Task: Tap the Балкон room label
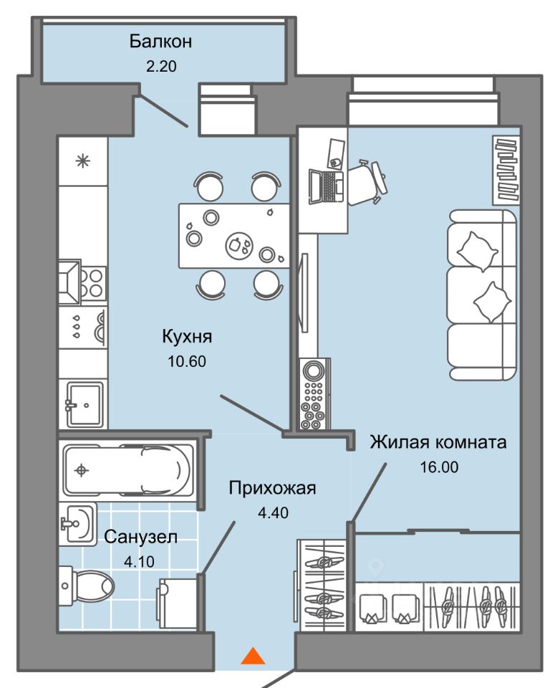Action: (x=160, y=42)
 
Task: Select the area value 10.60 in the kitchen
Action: (x=187, y=361)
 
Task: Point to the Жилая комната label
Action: (x=438, y=442)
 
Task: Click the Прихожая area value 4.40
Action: (x=274, y=512)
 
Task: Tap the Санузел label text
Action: (x=141, y=537)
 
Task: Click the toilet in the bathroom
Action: (x=87, y=586)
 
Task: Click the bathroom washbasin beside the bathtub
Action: (x=78, y=524)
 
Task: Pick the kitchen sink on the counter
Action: (x=85, y=404)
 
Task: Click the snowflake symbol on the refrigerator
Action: (x=83, y=161)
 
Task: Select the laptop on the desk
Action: (x=327, y=187)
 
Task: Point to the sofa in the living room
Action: (x=481, y=295)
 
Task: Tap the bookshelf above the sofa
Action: (x=506, y=170)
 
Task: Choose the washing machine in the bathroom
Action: (x=178, y=603)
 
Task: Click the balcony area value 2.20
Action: (x=161, y=66)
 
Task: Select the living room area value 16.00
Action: (x=439, y=467)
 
